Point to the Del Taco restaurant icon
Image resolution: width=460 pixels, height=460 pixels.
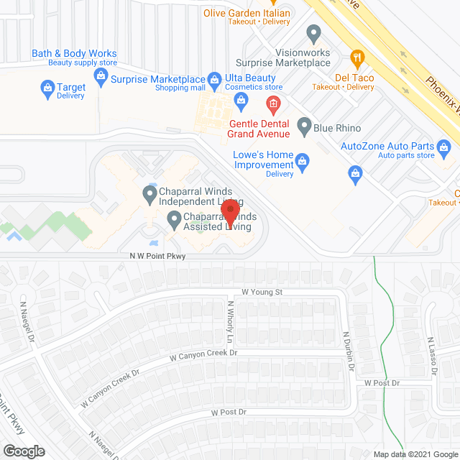click(356, 58)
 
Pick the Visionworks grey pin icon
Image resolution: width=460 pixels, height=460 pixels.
click(313, 32)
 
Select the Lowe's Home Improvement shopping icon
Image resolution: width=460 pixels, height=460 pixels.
click(303, 162)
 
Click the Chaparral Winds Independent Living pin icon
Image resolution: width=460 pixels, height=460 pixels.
click(149, 193)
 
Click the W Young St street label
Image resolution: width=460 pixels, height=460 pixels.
click(262, 292)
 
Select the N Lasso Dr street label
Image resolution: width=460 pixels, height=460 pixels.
click(432, 356)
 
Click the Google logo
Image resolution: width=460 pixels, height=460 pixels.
click(23, 451)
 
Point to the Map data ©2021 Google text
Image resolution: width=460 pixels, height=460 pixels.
click(415, 454)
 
